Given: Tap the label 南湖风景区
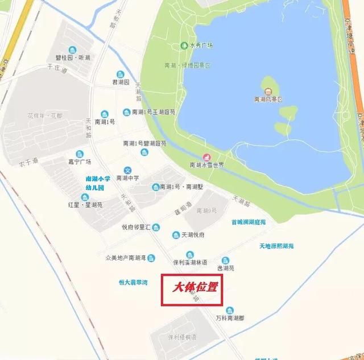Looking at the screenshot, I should [x=268, y=99].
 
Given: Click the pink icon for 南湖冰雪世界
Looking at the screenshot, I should [x=207, y=156].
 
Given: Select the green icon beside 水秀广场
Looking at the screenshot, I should [x=184, y=45].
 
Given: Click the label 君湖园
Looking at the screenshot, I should [x=121, y=82].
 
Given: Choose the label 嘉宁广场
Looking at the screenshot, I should [x=80, y=162].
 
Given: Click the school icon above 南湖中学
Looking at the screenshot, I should [x=128, y=170].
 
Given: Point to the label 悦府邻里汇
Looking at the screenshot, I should [x=136, y=227].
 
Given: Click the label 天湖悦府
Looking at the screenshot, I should [x=192, y=235].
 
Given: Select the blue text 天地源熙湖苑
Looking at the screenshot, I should [x=276, y=246].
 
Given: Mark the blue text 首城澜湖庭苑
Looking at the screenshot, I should [x=249, y=222].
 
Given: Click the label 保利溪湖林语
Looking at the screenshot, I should [x=190, y=262].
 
